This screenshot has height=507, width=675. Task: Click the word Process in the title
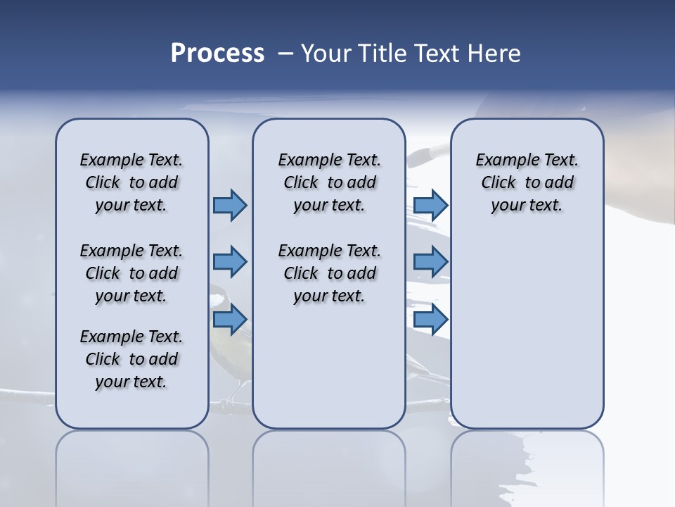[217, 54]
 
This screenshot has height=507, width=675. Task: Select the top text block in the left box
[131, 182]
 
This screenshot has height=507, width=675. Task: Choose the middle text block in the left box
[131, 273]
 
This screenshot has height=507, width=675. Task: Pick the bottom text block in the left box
[131, 359]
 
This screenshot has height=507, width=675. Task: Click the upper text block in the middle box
[329, 182]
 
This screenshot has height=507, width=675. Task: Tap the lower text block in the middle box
[329, 273]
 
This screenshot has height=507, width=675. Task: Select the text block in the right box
[527, 182]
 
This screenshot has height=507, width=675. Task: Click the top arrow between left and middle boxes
[230, 206]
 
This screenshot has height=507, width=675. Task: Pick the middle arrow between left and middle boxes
[230, 262]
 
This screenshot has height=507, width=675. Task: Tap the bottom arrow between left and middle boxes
[230, 320]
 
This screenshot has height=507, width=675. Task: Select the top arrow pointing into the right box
[430, 206]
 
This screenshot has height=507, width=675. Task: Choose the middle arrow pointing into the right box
[430, 262]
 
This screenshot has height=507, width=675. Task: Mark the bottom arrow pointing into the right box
[430, 320]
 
